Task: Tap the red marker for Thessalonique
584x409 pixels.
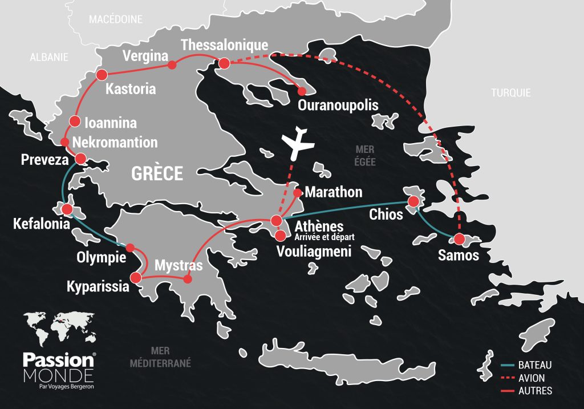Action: point(224,63)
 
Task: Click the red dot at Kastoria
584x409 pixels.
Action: point(102,75)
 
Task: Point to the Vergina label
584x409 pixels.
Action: point(145,56)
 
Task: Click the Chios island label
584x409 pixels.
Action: point(386,214)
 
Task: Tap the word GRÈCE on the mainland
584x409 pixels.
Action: point(157,173)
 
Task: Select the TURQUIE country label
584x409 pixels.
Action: point(511,92)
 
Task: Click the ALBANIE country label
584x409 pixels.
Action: point(49,57)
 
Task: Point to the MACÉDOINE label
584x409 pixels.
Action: point(115,19)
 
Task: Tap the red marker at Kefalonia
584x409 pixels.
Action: point(67,209)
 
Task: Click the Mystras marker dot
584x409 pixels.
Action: point(186,279)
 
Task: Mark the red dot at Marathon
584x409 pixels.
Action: point(297,193)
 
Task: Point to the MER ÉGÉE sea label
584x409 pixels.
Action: point(365,155)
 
